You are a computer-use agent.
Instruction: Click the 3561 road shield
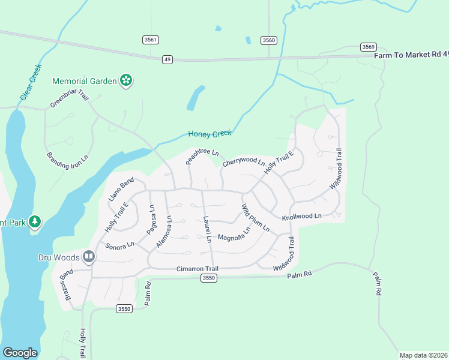click(151, 40)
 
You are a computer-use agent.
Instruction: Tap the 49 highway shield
click(167, 59)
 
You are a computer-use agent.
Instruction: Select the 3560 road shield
click(269, 40)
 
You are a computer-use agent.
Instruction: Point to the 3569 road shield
click(368, 47)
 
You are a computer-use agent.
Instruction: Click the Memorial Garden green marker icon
click(126, 80)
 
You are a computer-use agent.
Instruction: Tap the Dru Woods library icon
click(89, 257)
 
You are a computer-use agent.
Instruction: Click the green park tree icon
click(35, 222)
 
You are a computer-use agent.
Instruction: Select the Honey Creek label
click(209, 134)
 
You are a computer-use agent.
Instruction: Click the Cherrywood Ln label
click(243, 163)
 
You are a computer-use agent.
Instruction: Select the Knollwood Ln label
click(301, 215)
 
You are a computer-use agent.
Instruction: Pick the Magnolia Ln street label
click(234, 235)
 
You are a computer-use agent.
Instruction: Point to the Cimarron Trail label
click(197, 269)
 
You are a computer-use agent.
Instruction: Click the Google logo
click(20, 352)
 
